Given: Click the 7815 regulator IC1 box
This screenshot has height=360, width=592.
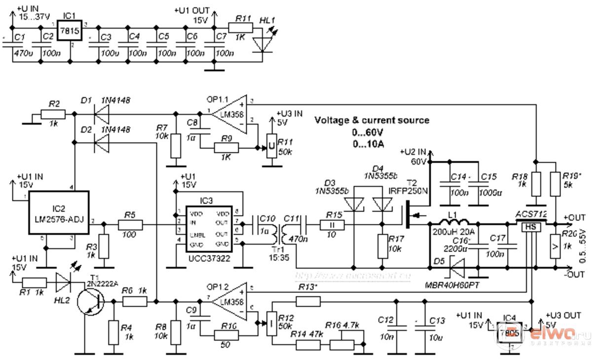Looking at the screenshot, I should tap(70, 30).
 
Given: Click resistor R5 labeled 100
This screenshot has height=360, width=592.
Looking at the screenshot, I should tap(130, 225).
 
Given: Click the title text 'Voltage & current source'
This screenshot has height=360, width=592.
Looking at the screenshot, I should tap(372, 120).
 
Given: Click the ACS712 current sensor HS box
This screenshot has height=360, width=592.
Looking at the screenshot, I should tap(529, 226).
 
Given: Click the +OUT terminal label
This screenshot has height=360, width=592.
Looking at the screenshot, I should tap(574, 217).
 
